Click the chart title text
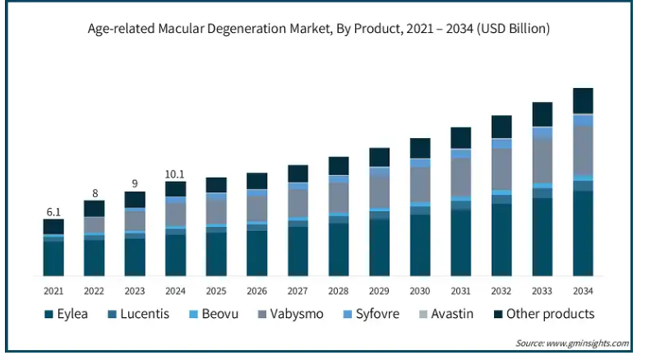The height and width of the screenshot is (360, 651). [x=318, y=29]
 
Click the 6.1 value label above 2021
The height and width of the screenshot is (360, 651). [x=53, y=212]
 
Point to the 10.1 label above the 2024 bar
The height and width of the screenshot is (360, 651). [x=175, y=173]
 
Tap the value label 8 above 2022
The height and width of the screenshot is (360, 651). [x=95, y=193]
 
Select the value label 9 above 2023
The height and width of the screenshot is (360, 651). [x=135, y=184]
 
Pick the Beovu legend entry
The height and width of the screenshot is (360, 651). [x=215, y=314]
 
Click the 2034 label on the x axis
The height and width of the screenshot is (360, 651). [x=583, y=291]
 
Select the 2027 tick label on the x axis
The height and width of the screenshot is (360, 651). [x=298, y=291]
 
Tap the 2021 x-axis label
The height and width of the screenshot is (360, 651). [x=53, y=291]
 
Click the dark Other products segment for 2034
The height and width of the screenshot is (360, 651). [x=583, y=100]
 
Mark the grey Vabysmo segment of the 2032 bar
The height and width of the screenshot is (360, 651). [x=501, y=169]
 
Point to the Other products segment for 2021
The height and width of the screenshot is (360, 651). [x=53, y=226]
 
